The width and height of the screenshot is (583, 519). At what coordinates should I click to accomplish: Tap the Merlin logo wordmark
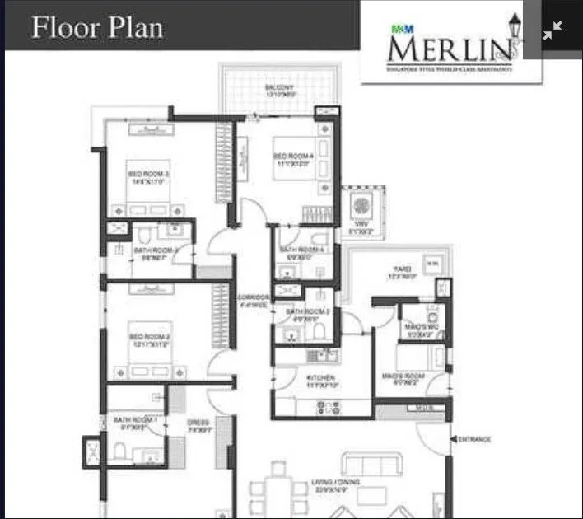(445, 48)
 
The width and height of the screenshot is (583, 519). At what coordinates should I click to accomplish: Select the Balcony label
(280, 88)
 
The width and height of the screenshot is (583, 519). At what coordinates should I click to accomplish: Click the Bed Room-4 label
(293, 157)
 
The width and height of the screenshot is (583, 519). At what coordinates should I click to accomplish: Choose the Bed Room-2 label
(149, 337)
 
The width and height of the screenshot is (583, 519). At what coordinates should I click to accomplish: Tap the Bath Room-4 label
(303, 250)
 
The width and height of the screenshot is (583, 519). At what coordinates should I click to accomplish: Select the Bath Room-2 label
(307, 312)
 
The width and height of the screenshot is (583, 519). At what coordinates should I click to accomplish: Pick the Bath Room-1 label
(135, 422)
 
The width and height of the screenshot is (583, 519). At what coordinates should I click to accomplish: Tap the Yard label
(401, 270)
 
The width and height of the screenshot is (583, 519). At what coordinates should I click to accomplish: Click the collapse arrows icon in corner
(553, 29)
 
